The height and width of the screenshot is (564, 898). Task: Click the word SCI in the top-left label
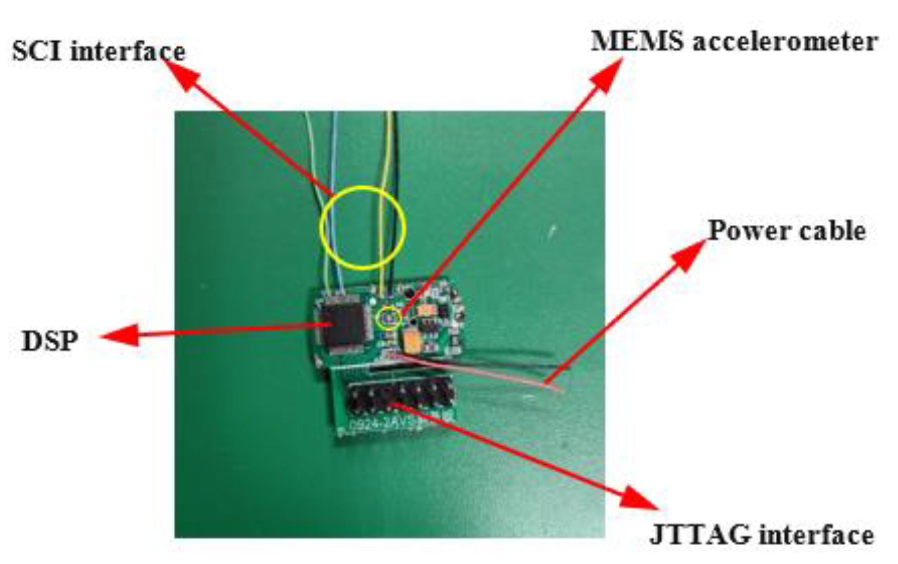[38, 52]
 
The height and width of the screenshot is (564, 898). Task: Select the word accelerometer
[785, 42]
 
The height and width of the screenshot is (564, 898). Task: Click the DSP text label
[50, 341]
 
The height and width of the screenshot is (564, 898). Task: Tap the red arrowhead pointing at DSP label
[119, 336]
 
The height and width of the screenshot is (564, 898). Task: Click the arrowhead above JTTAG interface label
[639, 498]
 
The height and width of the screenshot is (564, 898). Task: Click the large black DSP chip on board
[343, 323]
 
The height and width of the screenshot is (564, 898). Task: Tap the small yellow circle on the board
[389, 318]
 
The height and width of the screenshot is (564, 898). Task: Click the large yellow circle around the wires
[363, 228]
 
